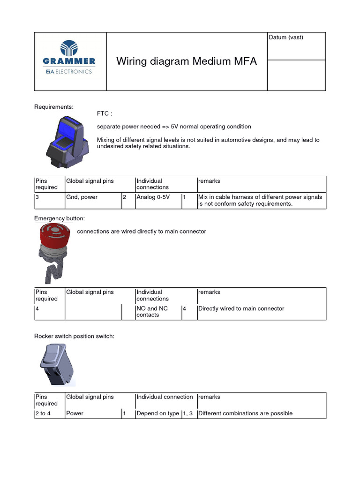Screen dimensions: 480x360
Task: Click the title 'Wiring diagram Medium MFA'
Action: (186, 61)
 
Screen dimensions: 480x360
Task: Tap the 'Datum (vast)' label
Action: (286, 37)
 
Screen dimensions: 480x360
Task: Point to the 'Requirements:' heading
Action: (54, 107)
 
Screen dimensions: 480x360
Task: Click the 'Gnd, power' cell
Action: (82, 197)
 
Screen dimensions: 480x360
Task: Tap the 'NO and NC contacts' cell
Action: (152, 312)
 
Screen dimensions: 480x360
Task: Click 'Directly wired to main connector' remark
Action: (241, 308)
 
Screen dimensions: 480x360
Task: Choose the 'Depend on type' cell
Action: (157, 413)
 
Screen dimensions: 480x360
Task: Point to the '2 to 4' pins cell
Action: (43, 413)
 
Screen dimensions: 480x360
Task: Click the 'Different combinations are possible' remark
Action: (245, 413)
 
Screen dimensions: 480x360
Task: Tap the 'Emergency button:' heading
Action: (60, 218)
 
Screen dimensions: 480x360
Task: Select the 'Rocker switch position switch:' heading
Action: (75, 337)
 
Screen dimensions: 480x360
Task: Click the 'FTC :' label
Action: (105, 114)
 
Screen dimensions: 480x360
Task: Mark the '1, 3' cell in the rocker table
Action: (188, 413)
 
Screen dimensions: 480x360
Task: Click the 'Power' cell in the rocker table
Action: (75, 413)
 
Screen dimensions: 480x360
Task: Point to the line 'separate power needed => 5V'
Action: (174, 127)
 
